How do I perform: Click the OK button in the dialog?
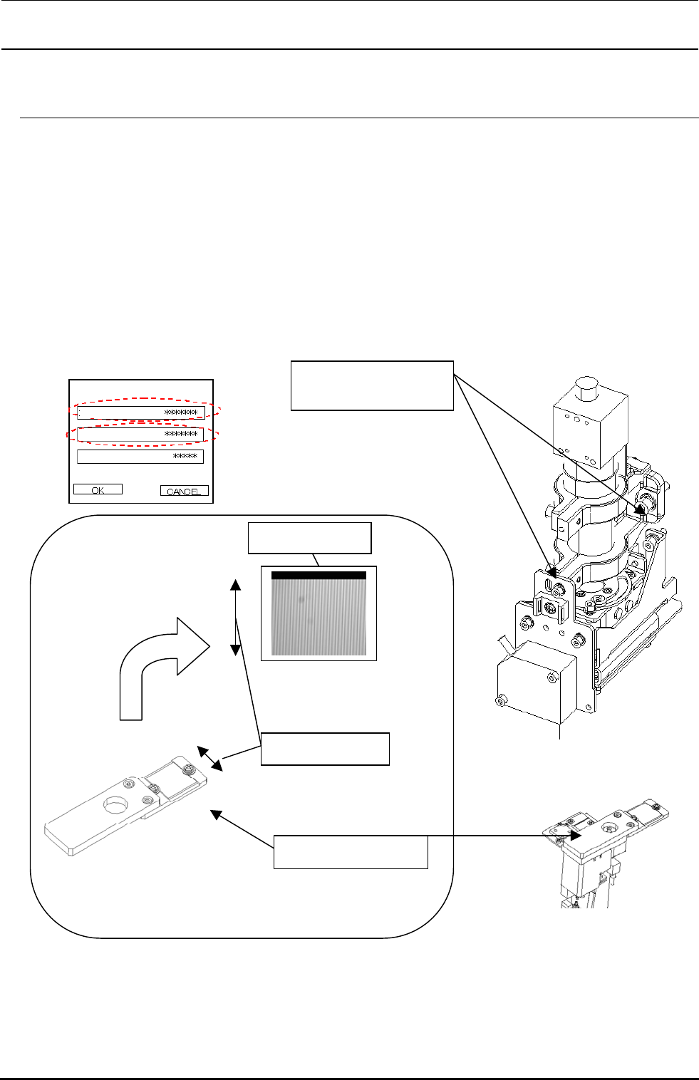point(98,489)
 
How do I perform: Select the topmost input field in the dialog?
point(141,412)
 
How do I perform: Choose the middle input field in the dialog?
point(141,434)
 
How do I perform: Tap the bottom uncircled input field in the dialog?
point(140,457)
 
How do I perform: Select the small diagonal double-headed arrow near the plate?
point(210,759)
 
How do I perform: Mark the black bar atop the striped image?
point(319,575)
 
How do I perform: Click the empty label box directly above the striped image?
point(309,538)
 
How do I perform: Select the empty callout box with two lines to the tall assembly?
point(372,385)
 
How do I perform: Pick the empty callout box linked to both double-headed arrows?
point(325,748)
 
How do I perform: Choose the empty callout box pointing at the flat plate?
point(351,852)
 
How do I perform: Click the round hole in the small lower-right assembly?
point(608,829)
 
